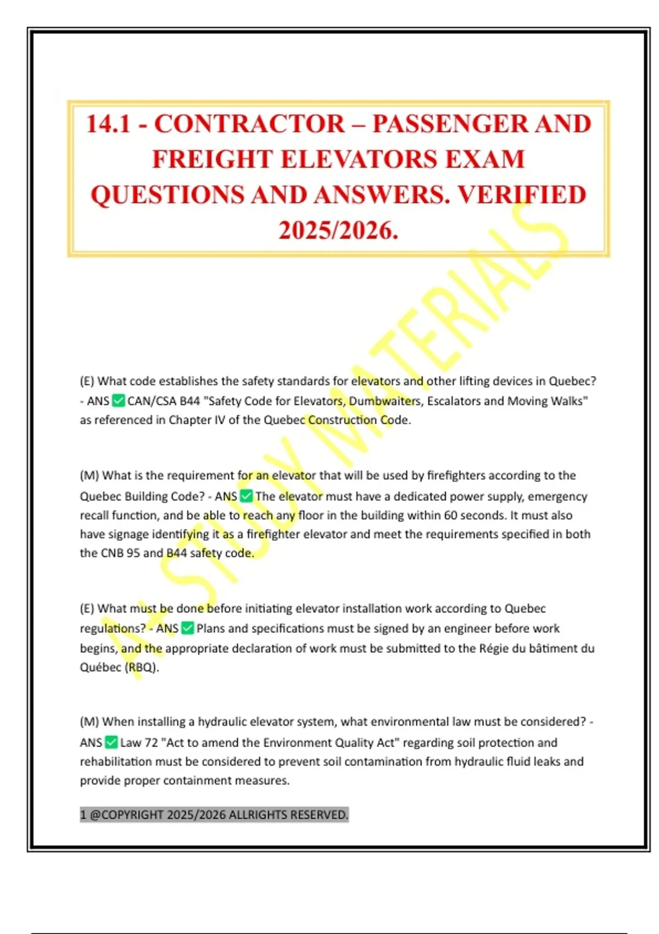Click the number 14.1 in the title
108,124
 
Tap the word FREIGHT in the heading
212,160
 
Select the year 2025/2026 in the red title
338,231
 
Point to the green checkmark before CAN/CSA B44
118,401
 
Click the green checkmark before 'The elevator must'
246,496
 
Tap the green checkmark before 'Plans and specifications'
187,628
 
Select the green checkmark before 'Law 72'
111,743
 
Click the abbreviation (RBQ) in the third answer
142,668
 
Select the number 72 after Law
151,743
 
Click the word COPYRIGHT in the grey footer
132,814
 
